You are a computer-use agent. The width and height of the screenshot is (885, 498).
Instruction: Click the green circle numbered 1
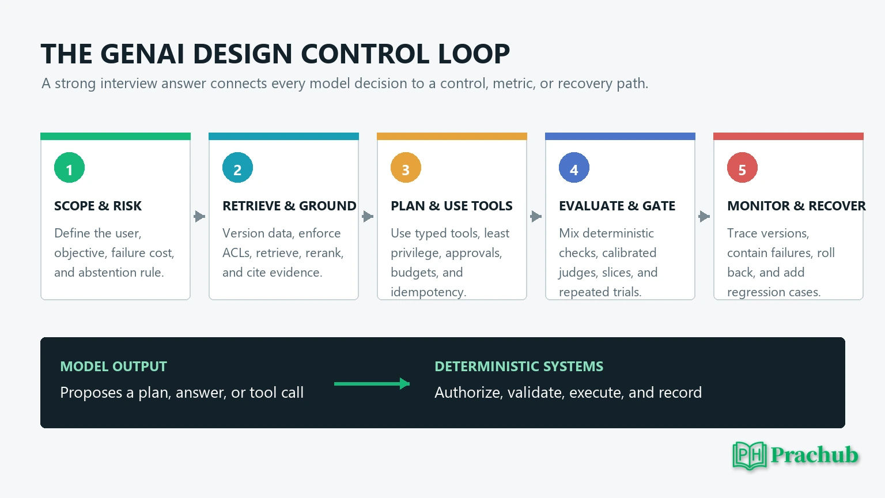click(69, 168)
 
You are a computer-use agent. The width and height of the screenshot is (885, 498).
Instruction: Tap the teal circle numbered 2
click(237, 168)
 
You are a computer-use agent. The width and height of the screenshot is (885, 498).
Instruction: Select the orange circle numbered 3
click(406, 168)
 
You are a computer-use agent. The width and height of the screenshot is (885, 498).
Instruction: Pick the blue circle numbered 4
click(574, 168)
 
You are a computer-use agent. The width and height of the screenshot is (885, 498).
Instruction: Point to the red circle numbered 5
click(742, 168)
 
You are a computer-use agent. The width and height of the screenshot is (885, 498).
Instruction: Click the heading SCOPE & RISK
click(97, 206)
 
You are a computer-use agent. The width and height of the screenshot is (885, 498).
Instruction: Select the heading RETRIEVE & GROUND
click(289, 206)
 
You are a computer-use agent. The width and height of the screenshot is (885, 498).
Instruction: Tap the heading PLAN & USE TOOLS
click(452, 206)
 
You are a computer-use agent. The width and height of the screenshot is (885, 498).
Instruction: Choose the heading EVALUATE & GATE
click(617, 206)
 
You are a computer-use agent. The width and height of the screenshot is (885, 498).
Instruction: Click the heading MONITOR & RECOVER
click(796, 206)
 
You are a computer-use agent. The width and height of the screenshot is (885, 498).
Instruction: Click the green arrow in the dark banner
click(372, 383)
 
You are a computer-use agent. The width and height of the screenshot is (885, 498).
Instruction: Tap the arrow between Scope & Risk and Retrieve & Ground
click(199, 216)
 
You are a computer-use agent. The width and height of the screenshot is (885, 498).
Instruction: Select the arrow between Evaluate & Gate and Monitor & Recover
click(704, 216)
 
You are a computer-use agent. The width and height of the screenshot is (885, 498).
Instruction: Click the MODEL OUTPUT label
click(114, 367)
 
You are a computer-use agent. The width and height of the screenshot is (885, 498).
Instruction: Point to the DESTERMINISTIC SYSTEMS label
click(519, 367)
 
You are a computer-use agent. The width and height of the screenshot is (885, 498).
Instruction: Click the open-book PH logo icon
click(750, 455)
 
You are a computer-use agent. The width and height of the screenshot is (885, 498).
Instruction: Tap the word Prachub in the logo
click(814, 455)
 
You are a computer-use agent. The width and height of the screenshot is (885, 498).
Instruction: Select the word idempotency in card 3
click(428, 292)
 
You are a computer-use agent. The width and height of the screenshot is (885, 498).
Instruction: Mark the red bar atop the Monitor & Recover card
click(788, 137)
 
